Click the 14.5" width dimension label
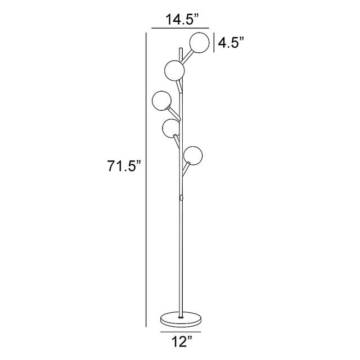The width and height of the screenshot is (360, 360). pyautogui.click(x=182, y=19)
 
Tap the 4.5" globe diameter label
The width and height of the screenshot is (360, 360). pyautogui.click(x=231, y=43)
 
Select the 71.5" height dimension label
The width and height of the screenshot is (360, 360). pyautogui.click(x=124, y=165)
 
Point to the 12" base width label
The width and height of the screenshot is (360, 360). pyautogui.click(x=182, y=341)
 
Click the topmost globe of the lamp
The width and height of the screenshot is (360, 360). pyautogui.click(x=200, y=43)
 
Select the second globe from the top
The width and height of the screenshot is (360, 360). pyautogui.click(x=174, y=70)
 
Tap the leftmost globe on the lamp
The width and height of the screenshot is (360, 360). pyautogui.click(x=161, y=101)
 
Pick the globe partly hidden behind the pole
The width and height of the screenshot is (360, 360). pyautogui.click(x=170, y=129)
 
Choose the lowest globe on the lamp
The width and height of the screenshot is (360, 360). pyautogui.click(x=193, y=155)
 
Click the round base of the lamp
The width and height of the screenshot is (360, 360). pyautogui.click(x=181, y=319)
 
